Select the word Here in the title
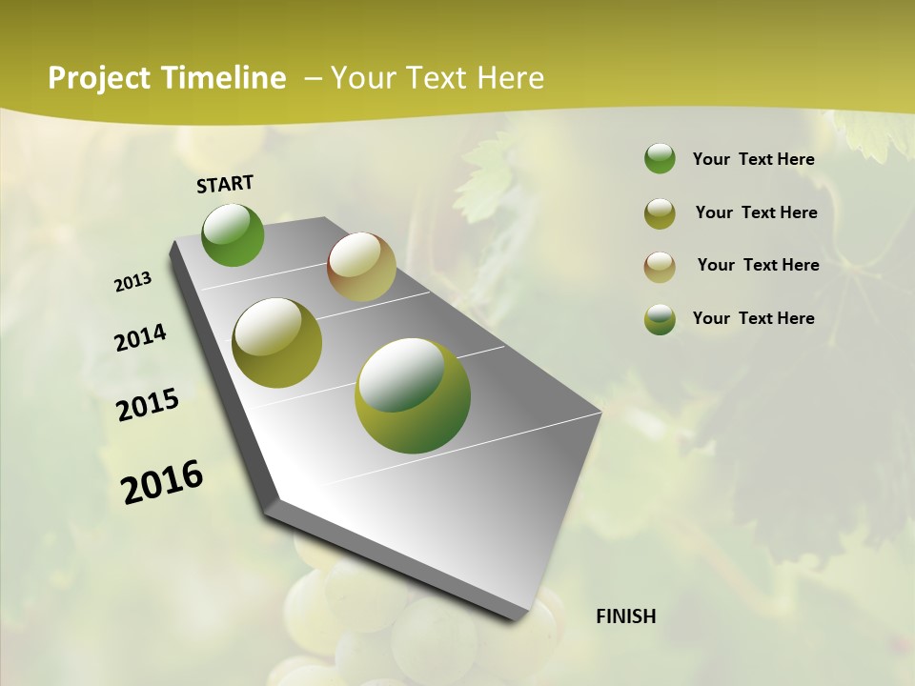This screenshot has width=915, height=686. click(510, 78)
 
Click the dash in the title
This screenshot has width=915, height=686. click(313, 78)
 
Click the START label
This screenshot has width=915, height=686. click(225, 183)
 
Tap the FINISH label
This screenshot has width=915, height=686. click(625, 616)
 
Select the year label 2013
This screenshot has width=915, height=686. click(132, 282)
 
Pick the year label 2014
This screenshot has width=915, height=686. click(140, 337)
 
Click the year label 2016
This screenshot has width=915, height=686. click(162, 481)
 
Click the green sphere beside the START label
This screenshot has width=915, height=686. click(234, 234)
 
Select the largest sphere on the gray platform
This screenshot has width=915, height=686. click(413, 395)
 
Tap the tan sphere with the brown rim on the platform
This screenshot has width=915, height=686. click(361, 267)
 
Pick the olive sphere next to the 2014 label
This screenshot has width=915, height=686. click(277, 343)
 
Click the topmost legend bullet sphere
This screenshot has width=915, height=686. click(660, 159)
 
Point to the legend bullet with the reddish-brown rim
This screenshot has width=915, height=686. click(660, 266)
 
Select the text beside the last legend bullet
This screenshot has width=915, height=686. click(753, 318)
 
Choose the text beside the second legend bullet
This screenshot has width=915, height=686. click(756, 212)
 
